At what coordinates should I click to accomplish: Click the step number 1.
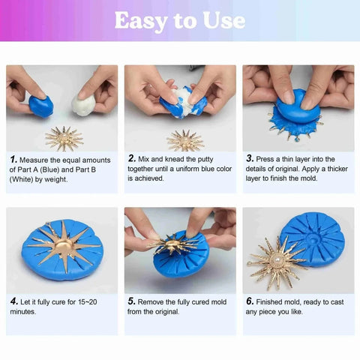click(x=13, y=160)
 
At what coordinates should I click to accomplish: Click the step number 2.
click(x=132, y=159)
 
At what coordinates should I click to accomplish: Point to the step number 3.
click(x=250, y=159)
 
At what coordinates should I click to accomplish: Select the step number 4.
click(x=13, y=301)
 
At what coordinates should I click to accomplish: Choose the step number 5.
click(x=132, y=301)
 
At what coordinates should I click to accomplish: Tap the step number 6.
click(x=250, y=301)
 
